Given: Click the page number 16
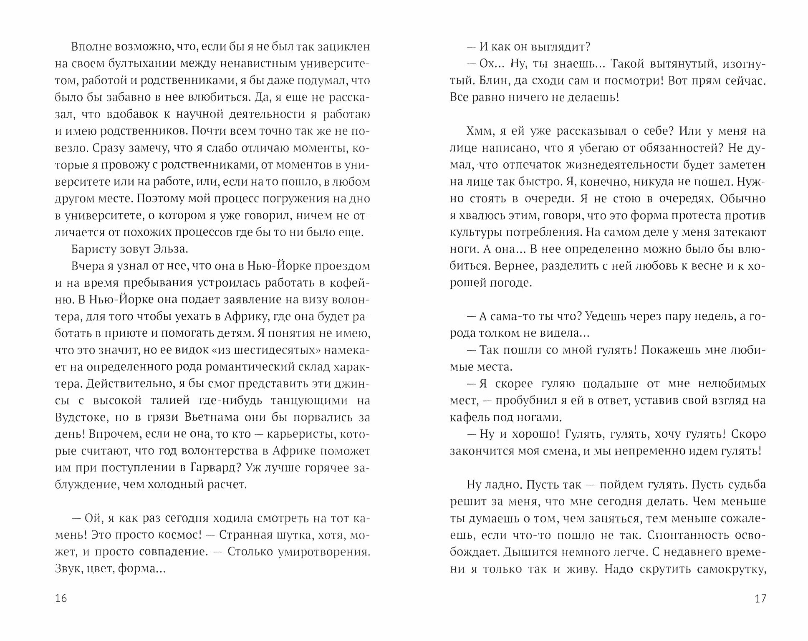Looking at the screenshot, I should click(x=61, y=598).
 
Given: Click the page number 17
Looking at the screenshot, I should click(x=760, y=598).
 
